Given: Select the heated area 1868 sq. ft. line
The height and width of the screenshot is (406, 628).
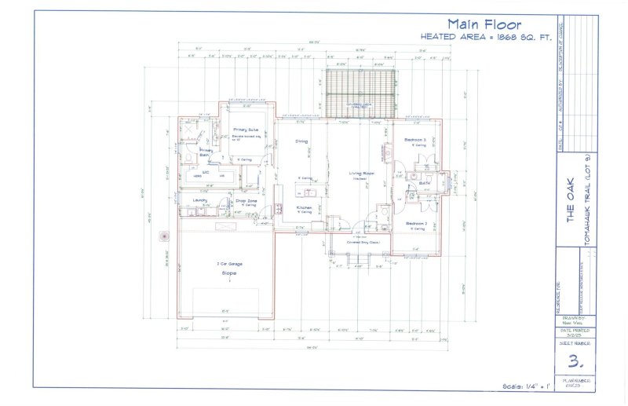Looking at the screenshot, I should [487, 37].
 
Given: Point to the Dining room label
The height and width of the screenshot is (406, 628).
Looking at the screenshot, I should [301, 141].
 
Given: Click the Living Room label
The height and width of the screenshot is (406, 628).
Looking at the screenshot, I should [361, 173].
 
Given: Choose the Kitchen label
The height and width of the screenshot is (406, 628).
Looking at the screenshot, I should [305, 208].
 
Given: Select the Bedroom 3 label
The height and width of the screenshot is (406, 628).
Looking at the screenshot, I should [414, 140].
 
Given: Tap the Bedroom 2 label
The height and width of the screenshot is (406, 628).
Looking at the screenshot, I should [416, 224].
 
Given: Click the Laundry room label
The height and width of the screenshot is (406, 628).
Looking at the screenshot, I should [200, 200].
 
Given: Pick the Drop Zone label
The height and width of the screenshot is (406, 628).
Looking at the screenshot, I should [246, 200].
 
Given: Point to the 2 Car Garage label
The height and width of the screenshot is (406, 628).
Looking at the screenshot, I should [229, 264].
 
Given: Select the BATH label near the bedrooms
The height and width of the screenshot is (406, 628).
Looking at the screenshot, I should [425, 183].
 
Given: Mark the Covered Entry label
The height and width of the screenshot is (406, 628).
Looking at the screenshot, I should [363, 243].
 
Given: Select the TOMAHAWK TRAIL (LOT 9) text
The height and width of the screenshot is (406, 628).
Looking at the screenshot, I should [588, 210].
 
